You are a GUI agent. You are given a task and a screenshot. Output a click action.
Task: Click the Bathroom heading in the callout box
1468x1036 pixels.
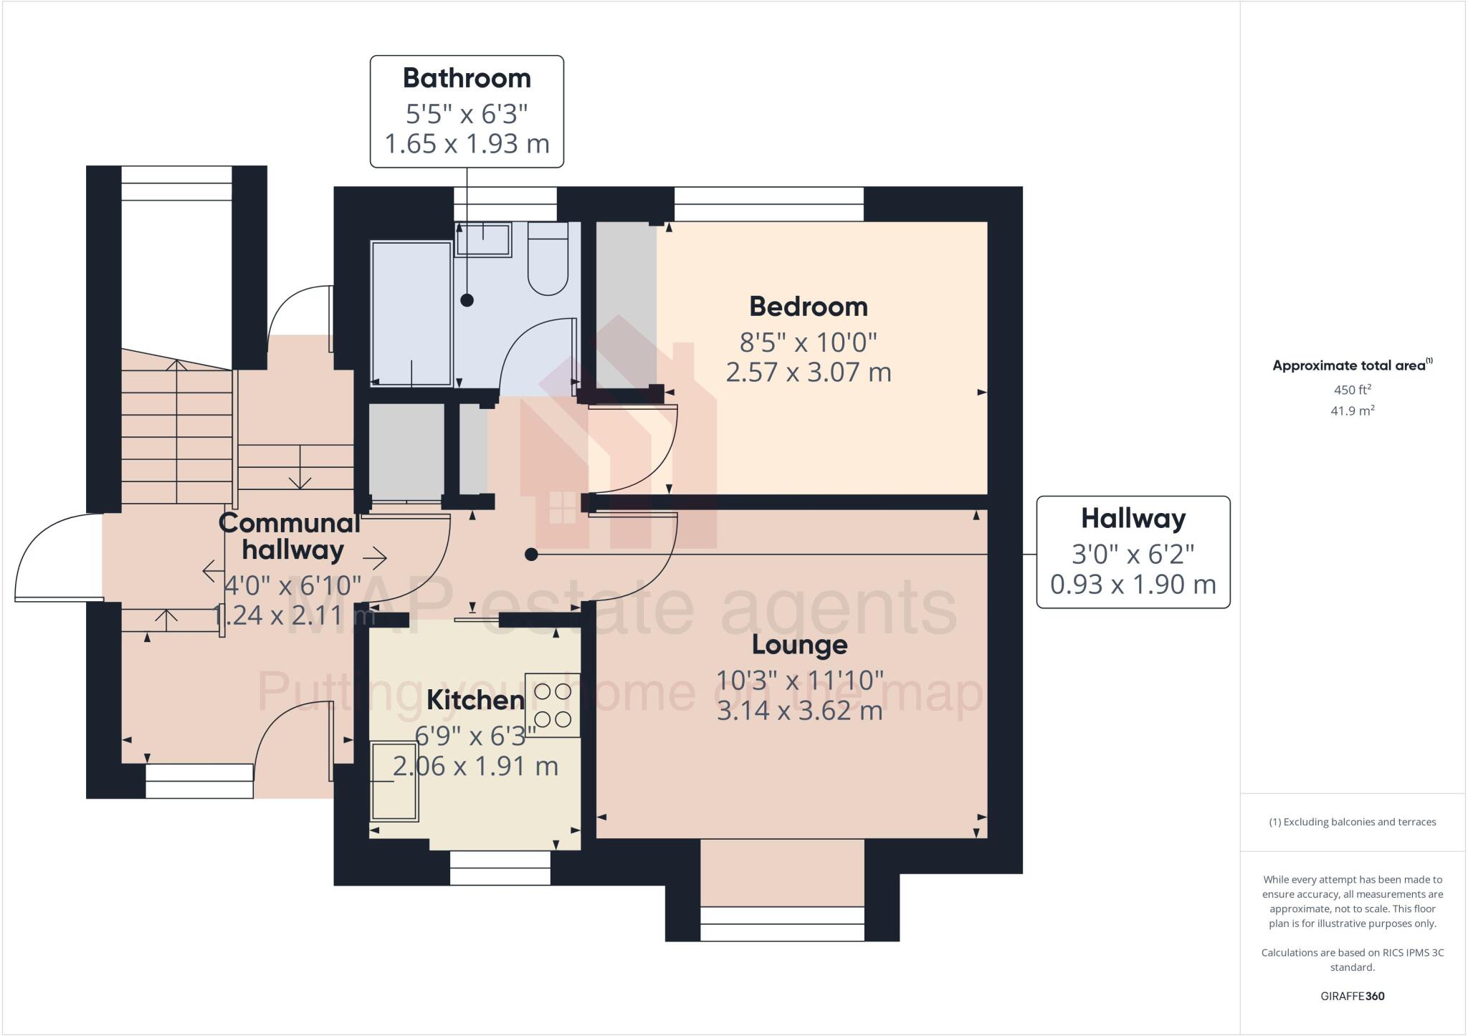point(467,78)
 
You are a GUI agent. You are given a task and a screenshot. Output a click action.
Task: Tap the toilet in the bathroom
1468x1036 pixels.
point(548,259)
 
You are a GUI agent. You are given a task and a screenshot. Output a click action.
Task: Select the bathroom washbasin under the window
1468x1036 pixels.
point(482,239)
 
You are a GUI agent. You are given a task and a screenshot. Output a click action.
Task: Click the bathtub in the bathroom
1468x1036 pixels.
point(411,314)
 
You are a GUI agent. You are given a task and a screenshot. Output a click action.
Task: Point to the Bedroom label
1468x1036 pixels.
point(808,307)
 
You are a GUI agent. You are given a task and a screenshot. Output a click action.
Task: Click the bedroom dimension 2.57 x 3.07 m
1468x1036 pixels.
point(808,373)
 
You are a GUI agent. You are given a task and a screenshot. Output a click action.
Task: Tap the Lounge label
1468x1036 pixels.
point(799,645)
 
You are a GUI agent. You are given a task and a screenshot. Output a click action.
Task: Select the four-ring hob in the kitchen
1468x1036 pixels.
point(553,705)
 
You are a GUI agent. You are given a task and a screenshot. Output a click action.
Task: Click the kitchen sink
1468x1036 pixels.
point(394,781)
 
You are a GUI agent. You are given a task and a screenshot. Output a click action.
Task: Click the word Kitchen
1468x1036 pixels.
point(475,700)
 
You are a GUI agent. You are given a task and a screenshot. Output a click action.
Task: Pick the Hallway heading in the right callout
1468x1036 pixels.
point(1133,518)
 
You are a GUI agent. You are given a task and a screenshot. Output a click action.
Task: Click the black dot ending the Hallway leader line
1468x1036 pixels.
point(531,555)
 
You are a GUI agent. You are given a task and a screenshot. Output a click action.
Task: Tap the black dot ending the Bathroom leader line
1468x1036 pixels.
point(467,300)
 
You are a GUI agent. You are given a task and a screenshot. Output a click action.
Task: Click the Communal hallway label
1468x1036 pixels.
point(290,536)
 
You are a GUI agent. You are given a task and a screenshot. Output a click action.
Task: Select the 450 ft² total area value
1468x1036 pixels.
point(1352,390)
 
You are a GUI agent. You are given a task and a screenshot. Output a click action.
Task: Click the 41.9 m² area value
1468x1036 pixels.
point(1352,411)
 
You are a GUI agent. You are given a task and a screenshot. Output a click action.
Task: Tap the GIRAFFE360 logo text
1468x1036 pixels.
point(1352,996)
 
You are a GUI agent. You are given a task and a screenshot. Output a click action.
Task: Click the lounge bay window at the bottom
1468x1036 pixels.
point(782,924)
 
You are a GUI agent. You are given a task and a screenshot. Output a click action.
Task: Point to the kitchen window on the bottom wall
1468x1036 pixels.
point(500,868)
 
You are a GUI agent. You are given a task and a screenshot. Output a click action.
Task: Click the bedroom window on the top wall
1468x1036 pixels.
point(768,204)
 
